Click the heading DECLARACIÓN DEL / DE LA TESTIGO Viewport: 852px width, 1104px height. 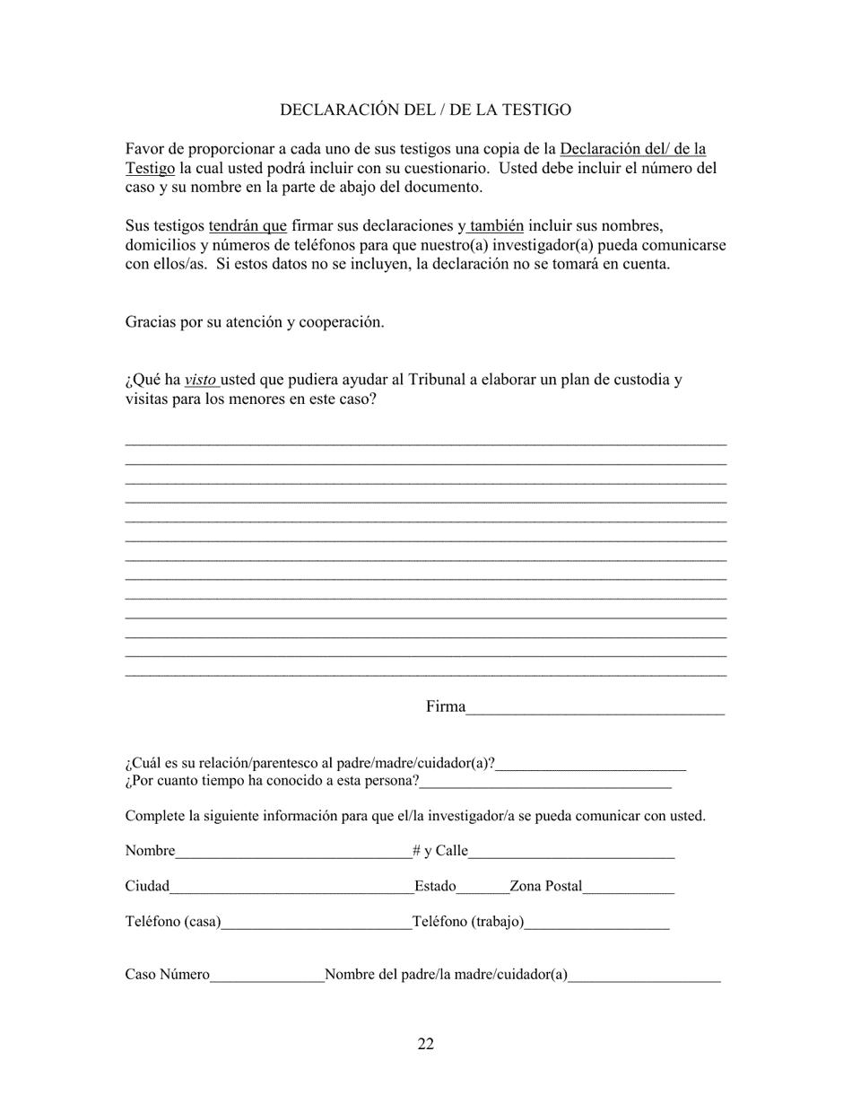point(425,110)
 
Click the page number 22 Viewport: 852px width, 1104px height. point(425,1044)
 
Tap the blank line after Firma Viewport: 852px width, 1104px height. point(595,709)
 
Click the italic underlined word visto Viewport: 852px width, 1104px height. point(200,380)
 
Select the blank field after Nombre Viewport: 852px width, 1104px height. point(293,852)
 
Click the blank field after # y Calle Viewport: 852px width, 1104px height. point(570,852)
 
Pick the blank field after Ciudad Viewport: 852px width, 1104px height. point(291,888)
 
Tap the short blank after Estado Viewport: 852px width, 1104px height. point(483,888)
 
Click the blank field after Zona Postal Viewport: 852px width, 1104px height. point(628,888)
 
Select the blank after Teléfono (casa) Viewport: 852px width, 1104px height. point(315,923)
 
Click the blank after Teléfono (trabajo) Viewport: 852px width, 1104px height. point(596,923)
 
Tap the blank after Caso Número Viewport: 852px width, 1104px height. point(266,976)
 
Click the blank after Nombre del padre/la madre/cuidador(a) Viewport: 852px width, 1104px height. point(644,976)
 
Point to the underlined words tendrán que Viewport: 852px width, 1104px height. point(248,225)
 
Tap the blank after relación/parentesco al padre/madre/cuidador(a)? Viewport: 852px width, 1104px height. point(590,765)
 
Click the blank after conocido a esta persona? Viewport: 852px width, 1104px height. point(544,782)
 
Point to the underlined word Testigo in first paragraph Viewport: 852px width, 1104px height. point(150,168)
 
